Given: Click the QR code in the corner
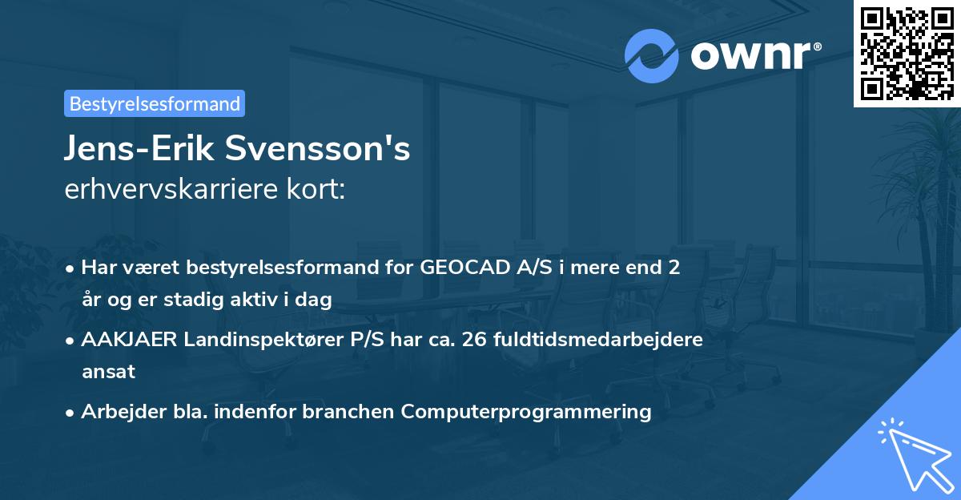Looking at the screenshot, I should tap(907, 54).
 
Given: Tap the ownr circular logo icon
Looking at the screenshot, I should tap(652, 55).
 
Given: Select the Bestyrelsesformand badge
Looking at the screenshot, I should tap(155, 103).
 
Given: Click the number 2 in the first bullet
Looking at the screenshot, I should tap(674, 268).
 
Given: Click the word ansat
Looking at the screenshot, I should tap(108, 372).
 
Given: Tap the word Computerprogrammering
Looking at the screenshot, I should tap(526, 411).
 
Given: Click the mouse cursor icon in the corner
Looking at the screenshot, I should tap(913, 452).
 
